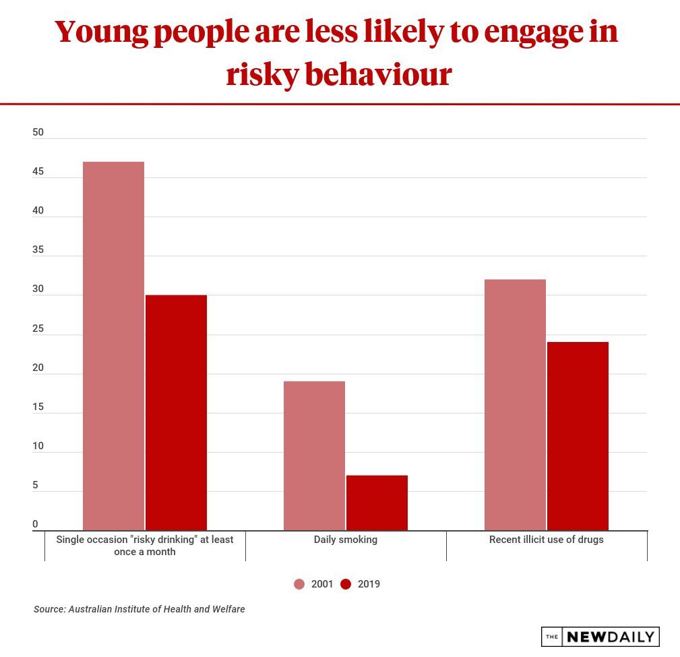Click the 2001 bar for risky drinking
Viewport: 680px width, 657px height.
click(113, 345)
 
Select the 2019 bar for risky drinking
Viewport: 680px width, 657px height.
click(176, 412)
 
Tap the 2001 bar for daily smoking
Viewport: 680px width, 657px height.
click(314, 455)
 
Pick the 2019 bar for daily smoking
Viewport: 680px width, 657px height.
click(377, 503)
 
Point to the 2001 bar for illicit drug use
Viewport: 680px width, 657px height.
click(515, 405)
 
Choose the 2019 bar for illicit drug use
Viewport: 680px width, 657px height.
click(578, 436)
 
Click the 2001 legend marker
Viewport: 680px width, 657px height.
click(299, 584)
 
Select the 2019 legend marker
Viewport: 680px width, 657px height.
click(346, 584)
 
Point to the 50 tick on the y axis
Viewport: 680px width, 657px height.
click(38, 132)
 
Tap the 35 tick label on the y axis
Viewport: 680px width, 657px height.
click(38, 250)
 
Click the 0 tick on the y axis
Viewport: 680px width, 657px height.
click(35, 525)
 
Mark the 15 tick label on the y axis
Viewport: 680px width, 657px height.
click(38, 407)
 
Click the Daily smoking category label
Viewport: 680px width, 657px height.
click(346, 540)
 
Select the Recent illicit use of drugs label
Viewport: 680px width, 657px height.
click(547, 540)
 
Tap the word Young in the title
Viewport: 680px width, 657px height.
click(100, 32)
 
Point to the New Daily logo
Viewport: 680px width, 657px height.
click(600, 637)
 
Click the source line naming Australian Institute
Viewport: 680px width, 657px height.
click(140, 609)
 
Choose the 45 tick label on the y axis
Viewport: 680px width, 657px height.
click(38, 172)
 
